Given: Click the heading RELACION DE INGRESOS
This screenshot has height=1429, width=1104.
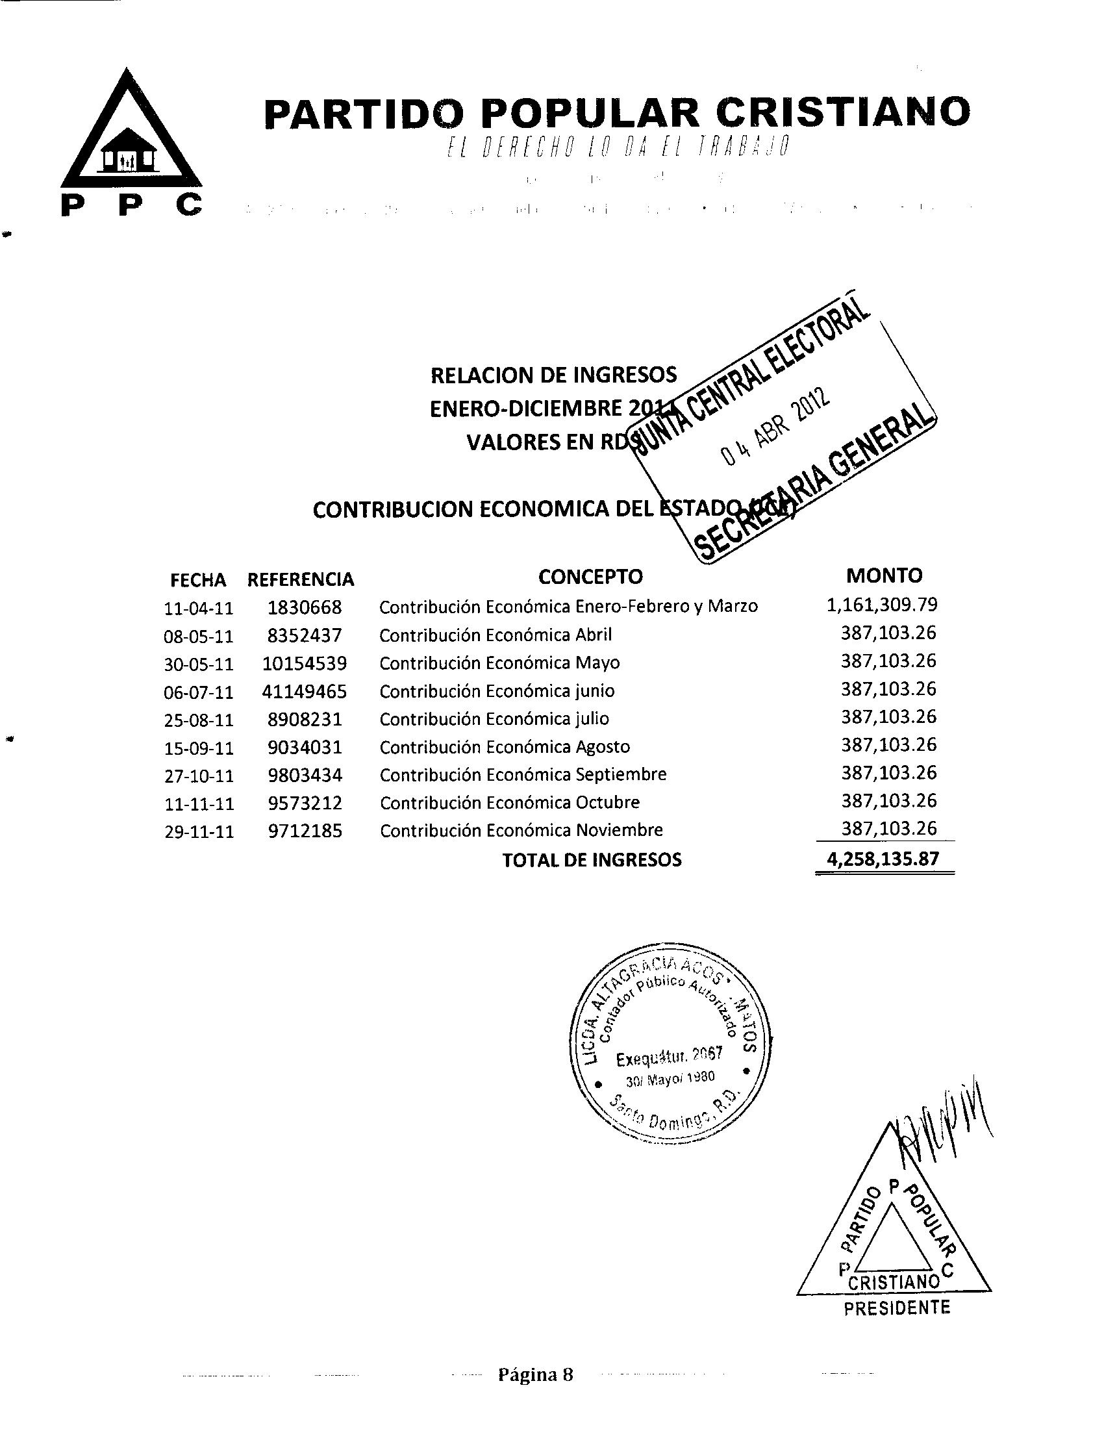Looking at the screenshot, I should click(553, 375).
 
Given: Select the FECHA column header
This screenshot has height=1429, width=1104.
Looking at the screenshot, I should click(198, 580).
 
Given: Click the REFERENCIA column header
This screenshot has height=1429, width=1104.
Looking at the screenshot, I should click(300, 579).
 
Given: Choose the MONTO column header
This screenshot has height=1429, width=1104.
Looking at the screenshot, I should click(884, 575).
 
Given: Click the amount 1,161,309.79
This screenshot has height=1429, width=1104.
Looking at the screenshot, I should click(882, 605).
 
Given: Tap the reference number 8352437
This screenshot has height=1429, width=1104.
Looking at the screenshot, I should click(304, 635).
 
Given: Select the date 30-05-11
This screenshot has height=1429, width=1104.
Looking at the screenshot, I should click(199, 664).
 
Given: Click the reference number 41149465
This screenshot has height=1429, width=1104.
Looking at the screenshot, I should click(304, 692).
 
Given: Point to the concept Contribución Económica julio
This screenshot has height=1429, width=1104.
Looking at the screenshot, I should click(494, 719).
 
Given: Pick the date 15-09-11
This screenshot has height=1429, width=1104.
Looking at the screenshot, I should click(199, 748).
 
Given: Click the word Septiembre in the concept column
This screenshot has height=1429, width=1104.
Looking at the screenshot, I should click(621, 775).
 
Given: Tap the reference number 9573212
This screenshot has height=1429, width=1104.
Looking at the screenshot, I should click(305, 803).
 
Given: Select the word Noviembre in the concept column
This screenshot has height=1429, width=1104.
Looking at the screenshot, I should click(619, 830).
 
